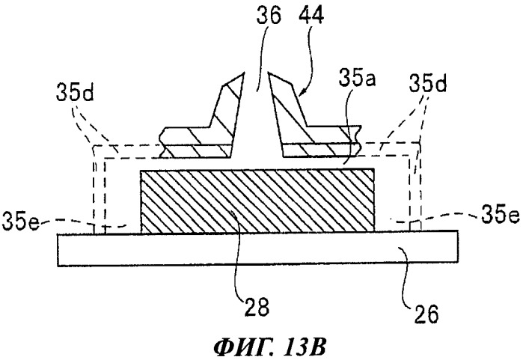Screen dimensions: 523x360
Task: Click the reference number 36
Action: [269, 15]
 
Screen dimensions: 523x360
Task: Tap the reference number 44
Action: [311, 15]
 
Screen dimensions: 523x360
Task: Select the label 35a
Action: [357, 80]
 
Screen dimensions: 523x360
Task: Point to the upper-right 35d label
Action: [428, 83]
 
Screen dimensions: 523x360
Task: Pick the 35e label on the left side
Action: [21, 222]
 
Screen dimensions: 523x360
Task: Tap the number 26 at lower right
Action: [426, 314]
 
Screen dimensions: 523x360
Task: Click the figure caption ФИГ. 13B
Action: [269, 347]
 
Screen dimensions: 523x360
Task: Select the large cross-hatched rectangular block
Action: [257, 201]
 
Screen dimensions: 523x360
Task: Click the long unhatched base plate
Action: [257, 248]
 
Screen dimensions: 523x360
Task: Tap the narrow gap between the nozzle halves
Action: [257, 114]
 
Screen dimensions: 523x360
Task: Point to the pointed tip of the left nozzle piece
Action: [245, 73]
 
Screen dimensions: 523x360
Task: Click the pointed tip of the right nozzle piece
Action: [269, 73]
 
